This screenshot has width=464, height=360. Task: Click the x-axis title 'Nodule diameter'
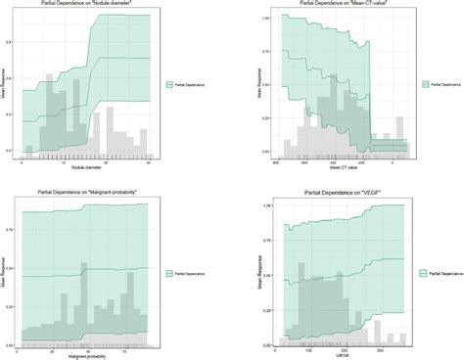click(83, 169)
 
